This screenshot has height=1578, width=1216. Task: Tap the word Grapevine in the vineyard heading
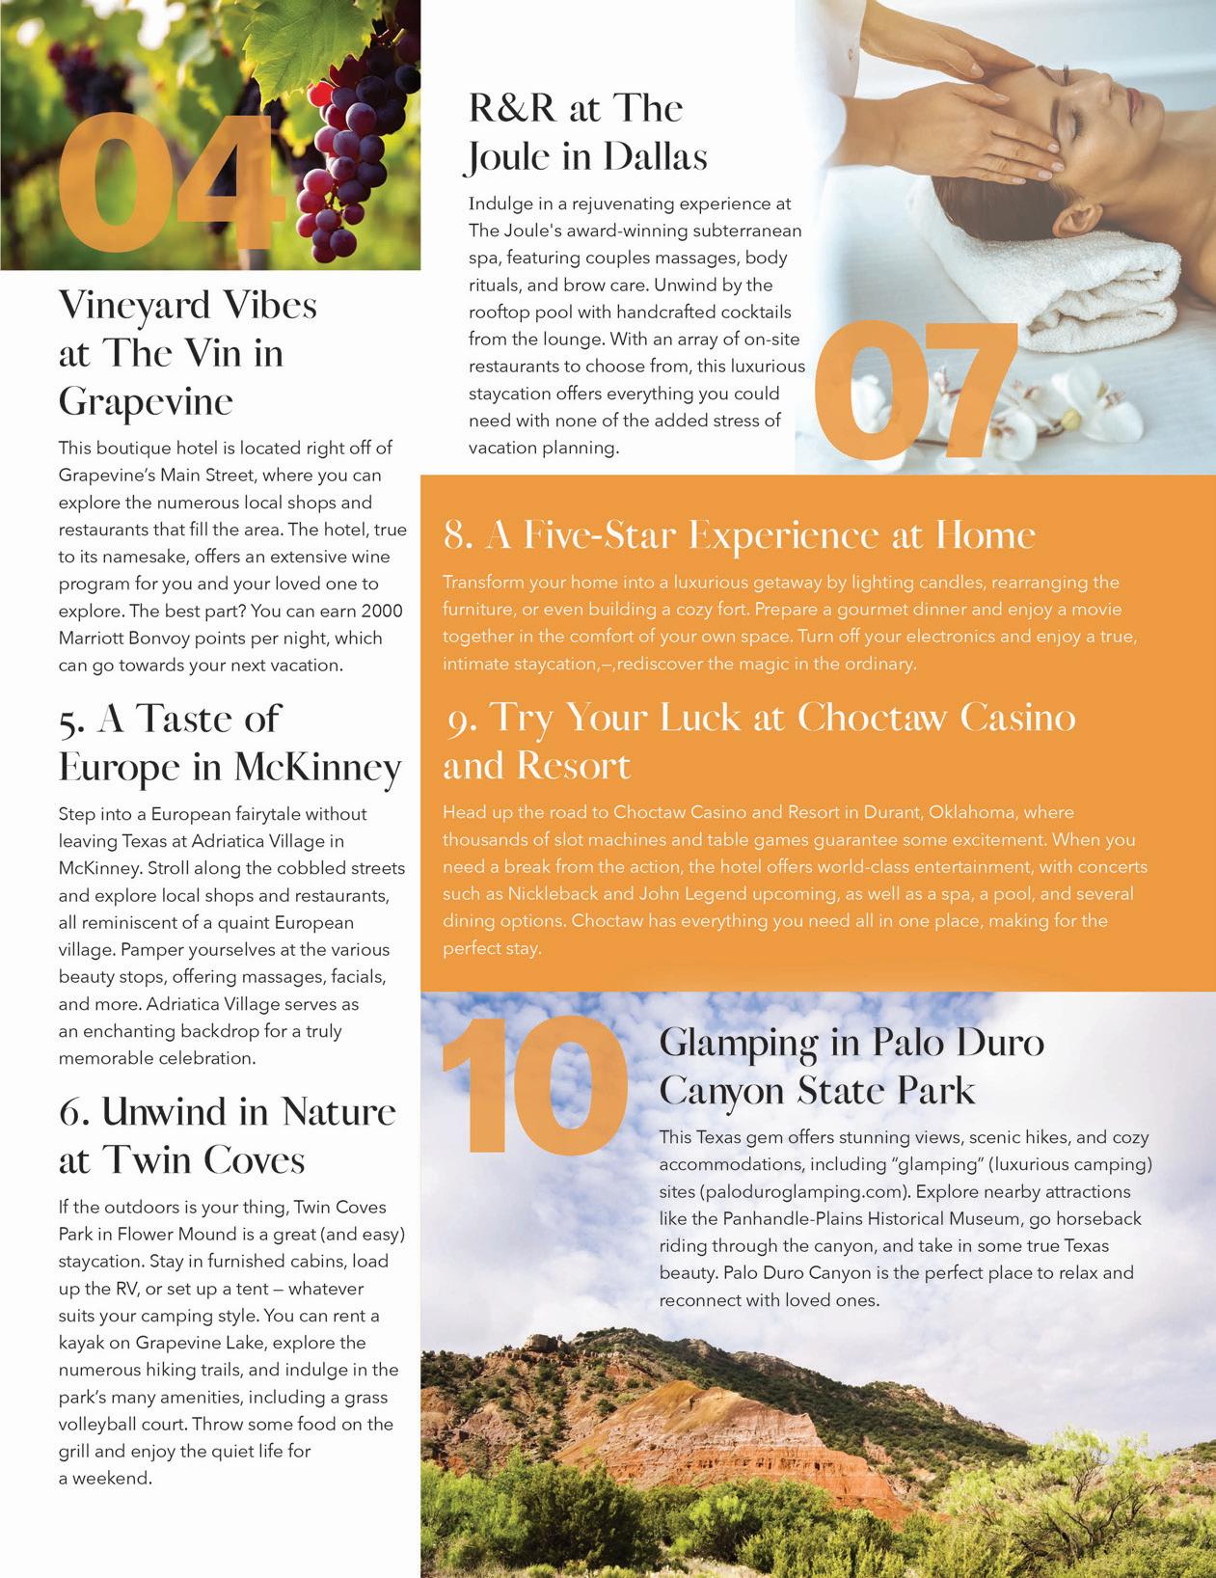pyautogui.click(x=146, y=400)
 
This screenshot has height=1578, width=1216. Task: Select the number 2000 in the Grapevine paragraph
pyautogui.click(x=380, y=611)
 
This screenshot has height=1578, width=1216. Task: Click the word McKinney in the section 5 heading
pyautogui.click(x=318, y=768)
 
